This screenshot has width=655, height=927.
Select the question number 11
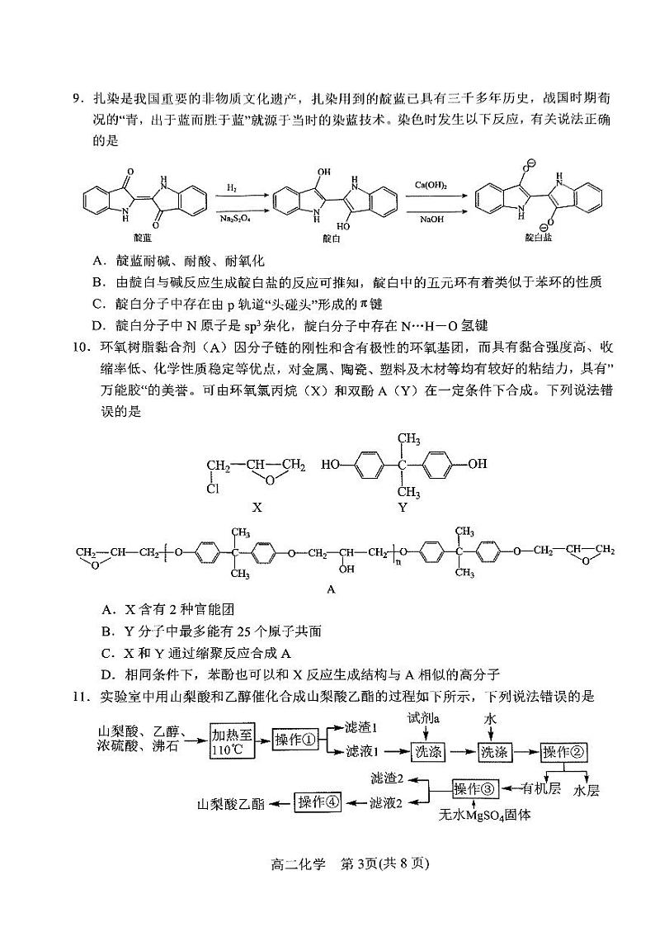coord(79,696)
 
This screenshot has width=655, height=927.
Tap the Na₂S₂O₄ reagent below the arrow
coord(234,219)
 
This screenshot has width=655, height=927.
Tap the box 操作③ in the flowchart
coord(476,788)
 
